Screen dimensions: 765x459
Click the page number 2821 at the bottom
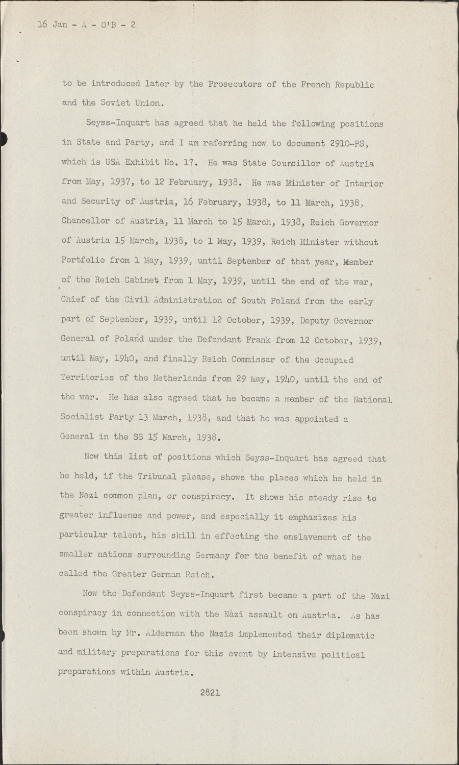click(x=210, y=692)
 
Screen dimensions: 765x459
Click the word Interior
click(x=364, y=183)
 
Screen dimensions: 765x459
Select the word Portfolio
click(x=83, y=261)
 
